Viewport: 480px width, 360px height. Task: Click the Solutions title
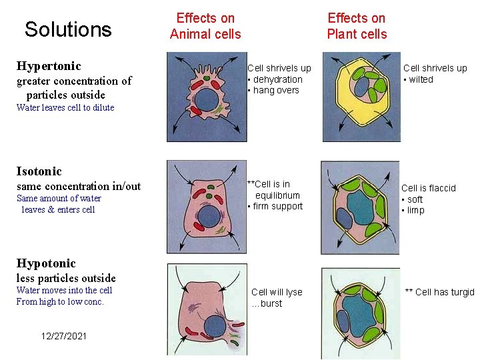click(x=68, y=29)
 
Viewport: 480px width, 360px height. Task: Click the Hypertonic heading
click(x=49, y=66)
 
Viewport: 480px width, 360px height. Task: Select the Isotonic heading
click(x=39, y=171)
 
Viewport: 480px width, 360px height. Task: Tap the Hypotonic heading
click(x=46, y=263)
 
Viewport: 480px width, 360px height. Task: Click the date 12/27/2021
click(x=63, y=336)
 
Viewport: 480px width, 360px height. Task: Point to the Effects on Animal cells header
click(x=205, y=26)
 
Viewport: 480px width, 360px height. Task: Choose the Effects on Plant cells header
click(x=357, y=26)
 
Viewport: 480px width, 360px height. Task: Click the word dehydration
click(x=277, y=79)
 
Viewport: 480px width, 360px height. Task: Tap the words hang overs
click(x=276, y=90)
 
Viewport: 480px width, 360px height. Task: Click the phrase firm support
click(x=277, y=206)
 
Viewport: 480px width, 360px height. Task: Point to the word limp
click(x=415, y=210)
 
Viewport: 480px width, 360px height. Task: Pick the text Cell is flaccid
click(x=429, y=188)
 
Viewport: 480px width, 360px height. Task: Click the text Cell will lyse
click(x=277, y=292)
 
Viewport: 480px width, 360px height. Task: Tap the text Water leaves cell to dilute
click(x=65, y=107)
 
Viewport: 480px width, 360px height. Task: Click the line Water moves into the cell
click(x=64, y=290)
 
